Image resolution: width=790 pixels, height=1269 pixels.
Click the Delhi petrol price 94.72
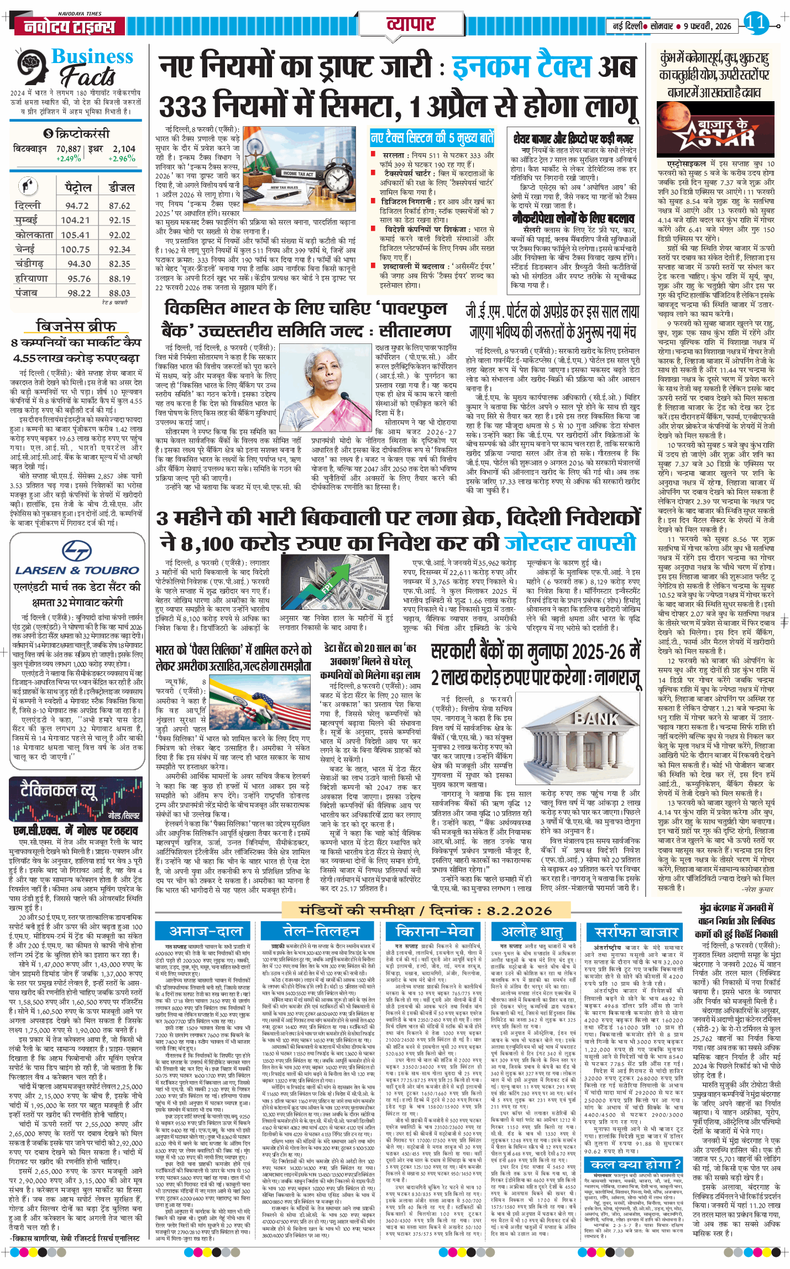pos(77,206)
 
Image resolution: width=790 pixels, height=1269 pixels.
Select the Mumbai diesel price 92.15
pos(119,220)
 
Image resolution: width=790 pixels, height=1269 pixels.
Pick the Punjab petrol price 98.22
pos(79,293)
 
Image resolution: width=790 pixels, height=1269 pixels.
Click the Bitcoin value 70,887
pos(69,149)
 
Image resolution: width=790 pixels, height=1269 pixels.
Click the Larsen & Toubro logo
pos(77,559)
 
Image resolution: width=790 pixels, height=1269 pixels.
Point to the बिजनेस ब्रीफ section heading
pos(76,325)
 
